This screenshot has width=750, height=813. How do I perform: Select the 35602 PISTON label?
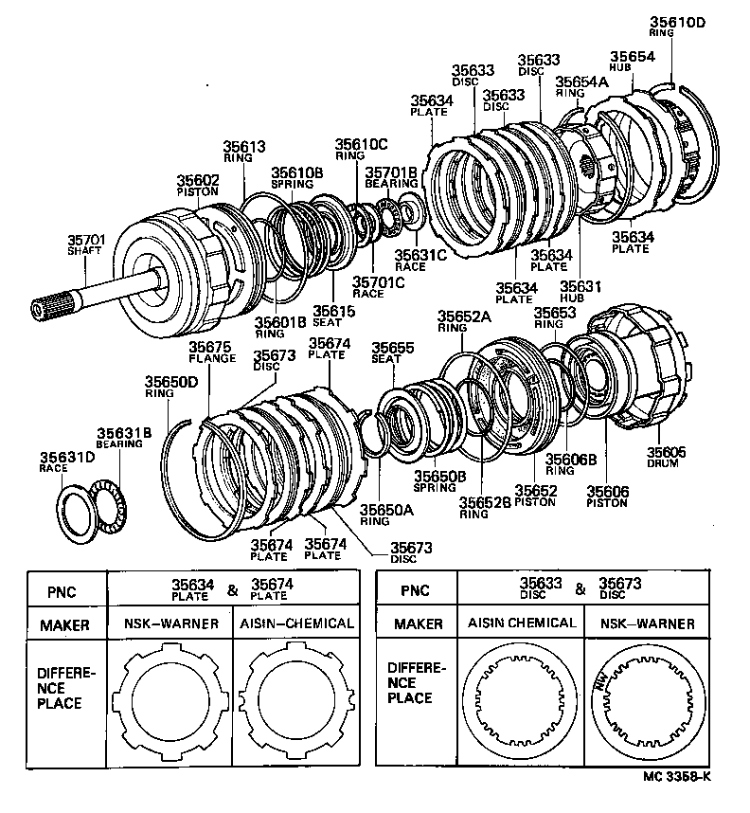coord(198,185)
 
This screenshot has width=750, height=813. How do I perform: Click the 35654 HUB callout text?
coord(632,62)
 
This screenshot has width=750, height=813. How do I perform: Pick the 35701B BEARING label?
coord(391,177)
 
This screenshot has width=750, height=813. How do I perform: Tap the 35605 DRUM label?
coord(667,458)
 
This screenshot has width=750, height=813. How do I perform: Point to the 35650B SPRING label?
coord(439,480)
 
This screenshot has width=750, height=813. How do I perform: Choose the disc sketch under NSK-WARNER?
coord(645,700)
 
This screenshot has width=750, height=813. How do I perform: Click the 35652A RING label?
coord(464,321)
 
